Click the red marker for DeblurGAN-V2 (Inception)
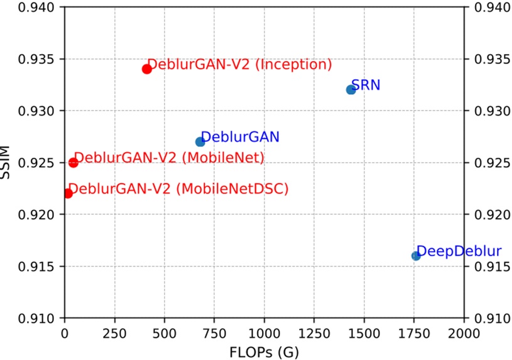pyautogui.click(x=147, y=69)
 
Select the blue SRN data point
pyautogui.click(x=351, y=89)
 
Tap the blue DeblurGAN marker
pyautogui.click(x=200, y=141)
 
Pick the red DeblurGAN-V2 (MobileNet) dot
pyautogui.click(x=73, y=162)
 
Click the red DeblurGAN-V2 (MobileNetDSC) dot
pyautogui.click(x=68, y=193)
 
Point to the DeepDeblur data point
pyautogui.click(x=416, y=255)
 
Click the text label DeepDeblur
pyautogui.click(x=459, y=251)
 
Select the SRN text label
pyautogui.click(x=366, y=85)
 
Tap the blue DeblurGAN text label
pyautogui.click(x=240, y=136)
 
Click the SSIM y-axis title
pyautogui.click(x=6, y=163)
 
